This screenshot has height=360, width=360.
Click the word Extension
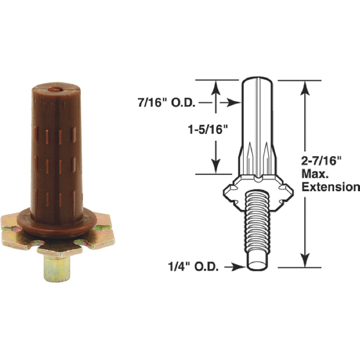(330, 187)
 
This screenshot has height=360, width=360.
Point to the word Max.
(315, 174)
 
